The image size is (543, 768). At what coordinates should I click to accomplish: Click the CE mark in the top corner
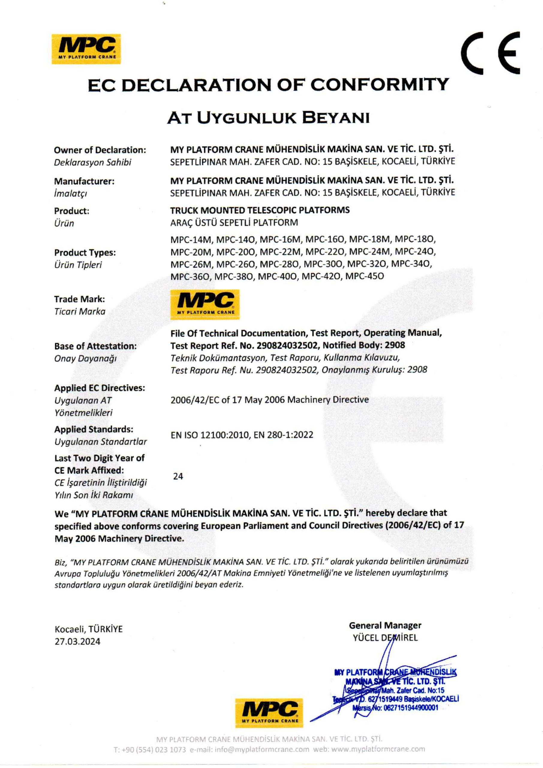coord(490,52)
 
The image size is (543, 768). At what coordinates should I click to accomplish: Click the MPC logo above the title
coord(86,49)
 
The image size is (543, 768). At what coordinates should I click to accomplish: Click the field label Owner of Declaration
coord(100,150)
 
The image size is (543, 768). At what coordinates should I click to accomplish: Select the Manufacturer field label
coord(84,181)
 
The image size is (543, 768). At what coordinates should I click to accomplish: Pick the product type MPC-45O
coord(365,276)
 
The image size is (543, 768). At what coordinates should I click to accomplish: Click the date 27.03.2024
coord(77,641)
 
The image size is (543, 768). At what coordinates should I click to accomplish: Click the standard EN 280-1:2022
coord(284,435)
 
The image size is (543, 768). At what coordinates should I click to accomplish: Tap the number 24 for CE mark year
coord(178,476)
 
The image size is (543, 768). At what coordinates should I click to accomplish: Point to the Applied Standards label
coord(94,429)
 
